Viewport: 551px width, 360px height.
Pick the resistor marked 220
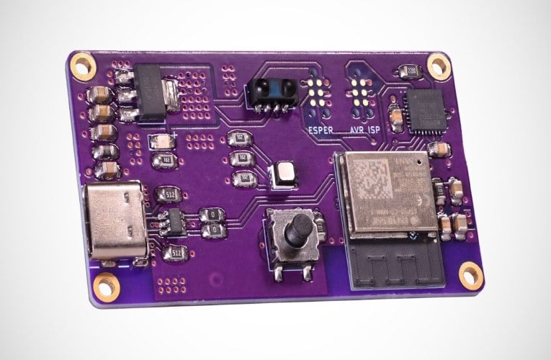click(411, 71)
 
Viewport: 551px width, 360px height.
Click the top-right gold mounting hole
click(438, 66)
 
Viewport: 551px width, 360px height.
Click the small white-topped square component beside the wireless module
click(282, 175)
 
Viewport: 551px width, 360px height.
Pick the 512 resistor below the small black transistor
click(176, 253)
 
